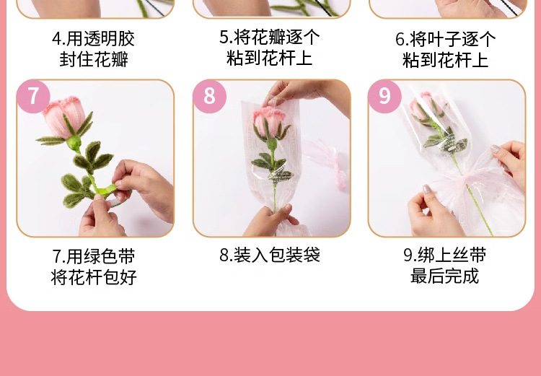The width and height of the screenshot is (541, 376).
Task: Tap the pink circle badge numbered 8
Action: point(209,96)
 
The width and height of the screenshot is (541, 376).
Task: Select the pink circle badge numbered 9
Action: point(384,96)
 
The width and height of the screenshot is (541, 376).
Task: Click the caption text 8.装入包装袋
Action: point(270,255)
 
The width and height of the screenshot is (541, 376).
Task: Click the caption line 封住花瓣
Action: point(94,60)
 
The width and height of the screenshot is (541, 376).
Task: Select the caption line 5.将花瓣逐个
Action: point(270,37)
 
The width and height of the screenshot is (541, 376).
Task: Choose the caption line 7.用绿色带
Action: point(94,257)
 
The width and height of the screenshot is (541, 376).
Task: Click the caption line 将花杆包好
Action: point(94,277)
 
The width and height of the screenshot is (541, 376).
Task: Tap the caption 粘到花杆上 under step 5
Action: point(270,58)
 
